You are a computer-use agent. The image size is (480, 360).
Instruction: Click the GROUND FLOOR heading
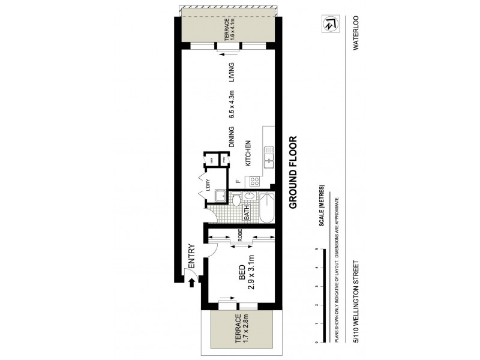tap(293, 173)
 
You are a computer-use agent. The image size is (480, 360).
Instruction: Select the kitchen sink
tap(269, 160)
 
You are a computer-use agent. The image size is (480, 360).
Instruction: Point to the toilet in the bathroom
tap(236, 199)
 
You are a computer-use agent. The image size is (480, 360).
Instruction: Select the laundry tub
tap(221, 196)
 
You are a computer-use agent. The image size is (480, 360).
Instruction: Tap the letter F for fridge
tap(238, 180)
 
